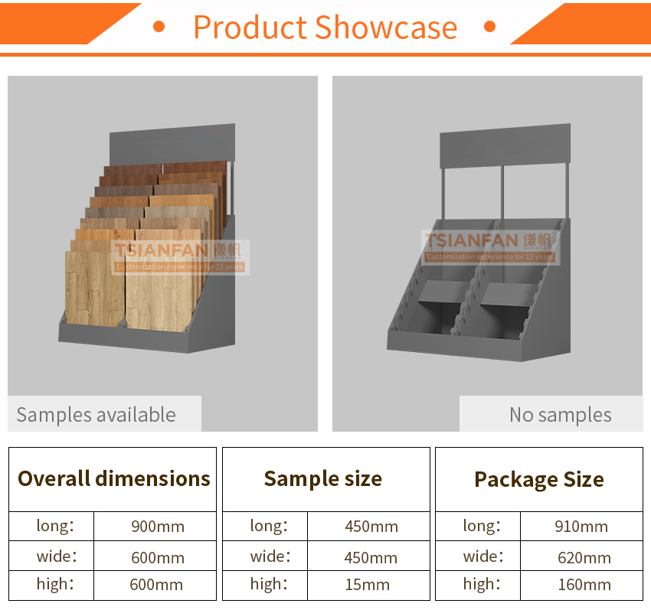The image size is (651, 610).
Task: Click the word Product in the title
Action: click(250, 28)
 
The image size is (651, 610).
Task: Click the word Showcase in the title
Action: click(386, 28)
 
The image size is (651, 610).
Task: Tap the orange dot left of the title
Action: click(159, 27)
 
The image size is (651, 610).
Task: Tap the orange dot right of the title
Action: click(490, 27)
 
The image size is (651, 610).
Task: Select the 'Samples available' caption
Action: click(97, 415)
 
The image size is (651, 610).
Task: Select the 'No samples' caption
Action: click(561, 415)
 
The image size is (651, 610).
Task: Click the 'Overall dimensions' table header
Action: click(114, 479)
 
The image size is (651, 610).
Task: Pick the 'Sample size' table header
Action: click(323, 479)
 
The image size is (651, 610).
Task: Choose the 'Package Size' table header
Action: click(539, 480)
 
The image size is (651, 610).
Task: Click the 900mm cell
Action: click(158, 527)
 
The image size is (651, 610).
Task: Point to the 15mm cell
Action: click(368, 585)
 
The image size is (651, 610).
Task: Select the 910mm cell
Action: click(581, 527)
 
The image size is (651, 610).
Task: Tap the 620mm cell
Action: click(584, 558)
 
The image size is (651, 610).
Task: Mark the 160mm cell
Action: click(584, 585)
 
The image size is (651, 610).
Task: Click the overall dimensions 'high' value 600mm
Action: click(156, 585)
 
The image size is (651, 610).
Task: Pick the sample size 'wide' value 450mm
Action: click(371, 558)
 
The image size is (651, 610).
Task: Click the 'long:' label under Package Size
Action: click(482, 526)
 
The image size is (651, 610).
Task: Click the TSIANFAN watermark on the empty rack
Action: click(490, 247)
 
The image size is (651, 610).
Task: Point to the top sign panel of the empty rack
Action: click(505, 145)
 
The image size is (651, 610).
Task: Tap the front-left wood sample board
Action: click(95, 288)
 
